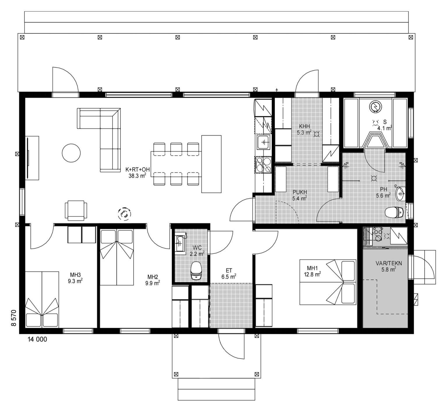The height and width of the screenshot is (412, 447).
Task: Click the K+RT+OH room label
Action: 138,169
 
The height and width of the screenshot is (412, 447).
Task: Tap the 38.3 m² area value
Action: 137,176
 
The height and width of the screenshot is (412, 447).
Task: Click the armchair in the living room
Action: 76,210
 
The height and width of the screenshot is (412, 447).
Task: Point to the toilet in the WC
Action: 196,271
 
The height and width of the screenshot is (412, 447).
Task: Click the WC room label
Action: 197,248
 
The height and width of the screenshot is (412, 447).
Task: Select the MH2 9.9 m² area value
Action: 153,283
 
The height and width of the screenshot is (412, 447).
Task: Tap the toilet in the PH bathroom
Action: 394,212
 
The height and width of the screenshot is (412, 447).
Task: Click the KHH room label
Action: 304,126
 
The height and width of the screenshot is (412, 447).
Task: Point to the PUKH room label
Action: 300,192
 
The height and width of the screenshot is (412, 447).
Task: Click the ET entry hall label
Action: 229,271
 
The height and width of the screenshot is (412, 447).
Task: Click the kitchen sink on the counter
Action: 264,142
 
